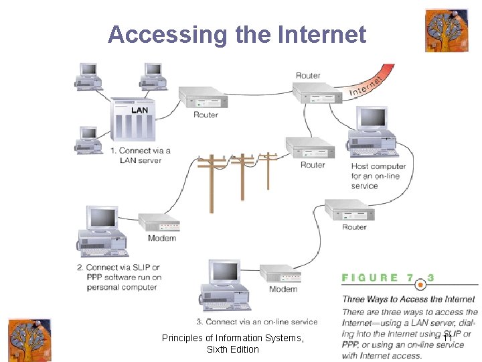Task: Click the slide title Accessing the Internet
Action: tap(237, 34)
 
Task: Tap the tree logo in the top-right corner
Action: tap(447, 30)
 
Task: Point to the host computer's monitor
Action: tap(372, 120)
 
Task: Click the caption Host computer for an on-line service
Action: tap(378, 176)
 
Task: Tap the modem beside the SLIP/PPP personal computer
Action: tap(159, 223)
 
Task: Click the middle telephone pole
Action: tap(242, 176)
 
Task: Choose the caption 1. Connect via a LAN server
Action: tap(141, 156)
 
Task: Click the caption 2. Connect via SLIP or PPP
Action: tap(123, 278)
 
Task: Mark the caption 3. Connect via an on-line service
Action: tap(257, 322)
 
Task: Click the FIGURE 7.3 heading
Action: tap(388, 278)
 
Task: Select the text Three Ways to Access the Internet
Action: tap(408, 299)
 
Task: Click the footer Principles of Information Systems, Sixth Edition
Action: tap(232, 344)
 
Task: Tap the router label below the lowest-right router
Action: tap(354, 227)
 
